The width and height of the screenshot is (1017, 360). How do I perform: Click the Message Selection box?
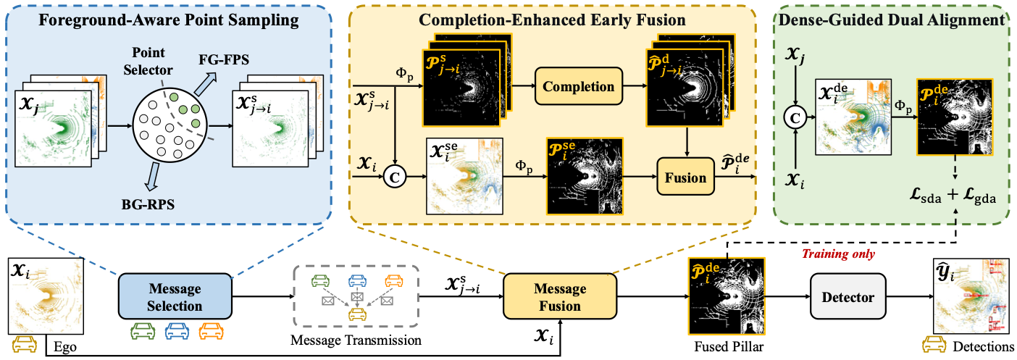pos(175,297)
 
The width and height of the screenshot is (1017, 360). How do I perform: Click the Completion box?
pos(579,87)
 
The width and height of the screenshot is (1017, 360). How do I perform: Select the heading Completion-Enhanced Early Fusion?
pos(553,20)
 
